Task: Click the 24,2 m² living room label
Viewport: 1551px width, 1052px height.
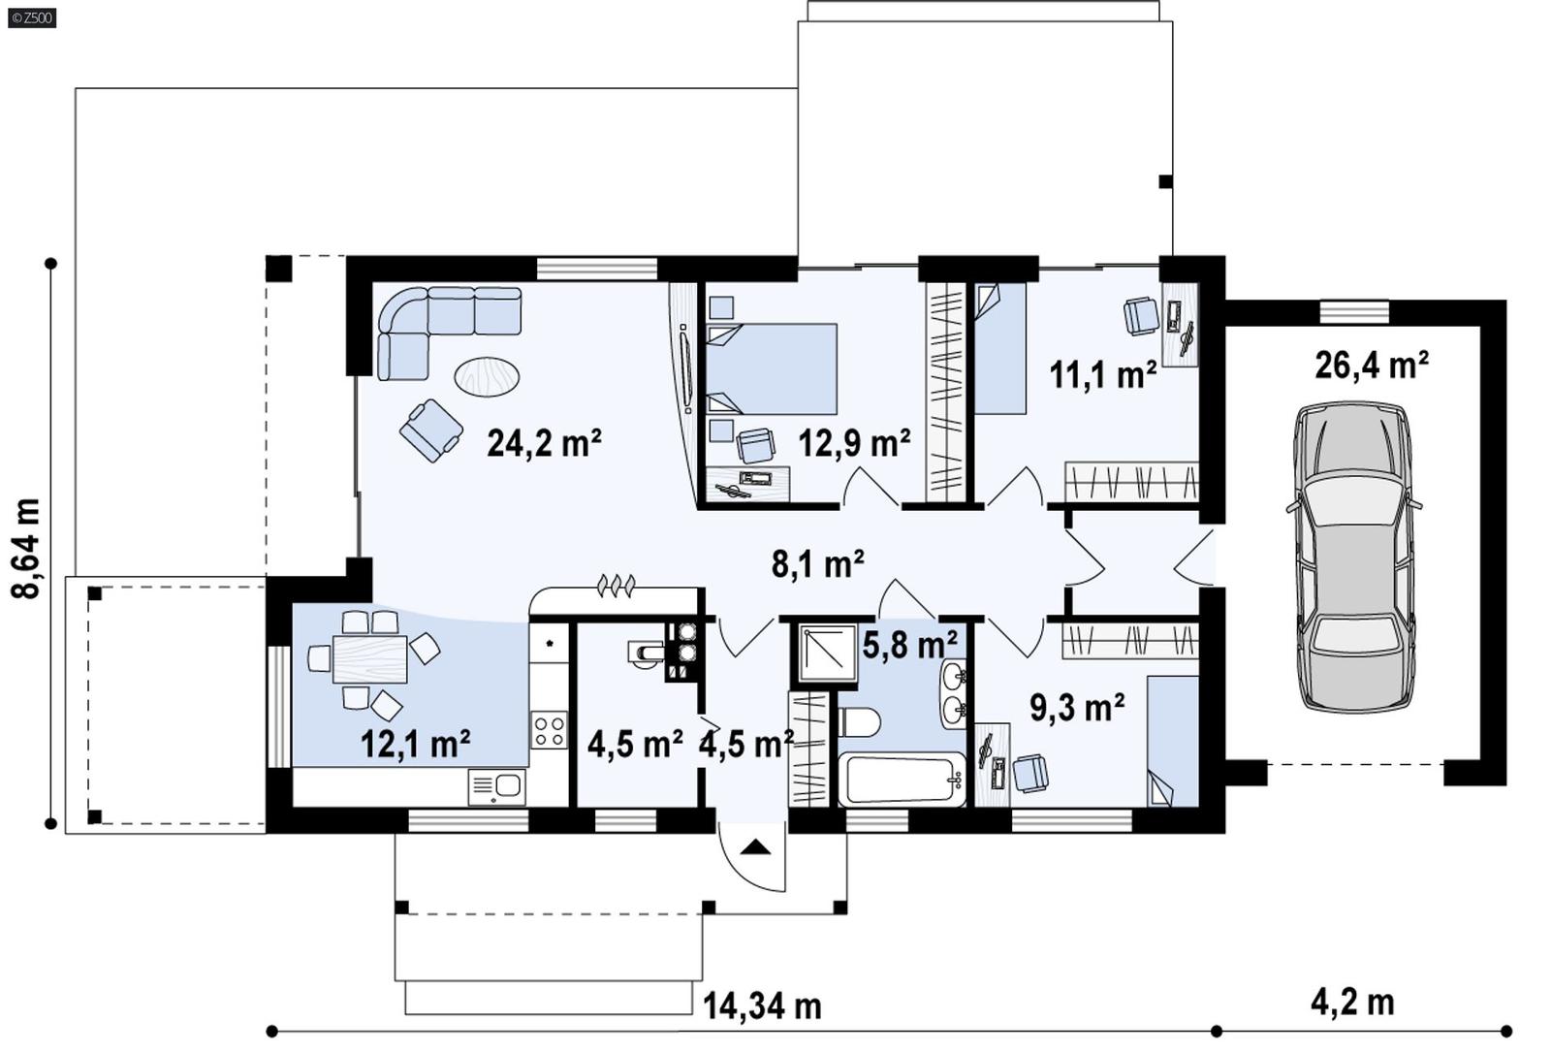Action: tap(544, 443)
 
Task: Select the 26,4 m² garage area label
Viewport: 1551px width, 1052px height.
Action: tap(1371, 366)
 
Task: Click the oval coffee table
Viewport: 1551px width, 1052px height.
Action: tap(487, 375)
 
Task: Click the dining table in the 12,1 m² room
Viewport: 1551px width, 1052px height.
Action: tap(369, 659)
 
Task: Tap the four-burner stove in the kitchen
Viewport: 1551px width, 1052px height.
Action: tap(549, 729)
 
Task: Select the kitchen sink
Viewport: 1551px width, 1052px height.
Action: tap(496, 785)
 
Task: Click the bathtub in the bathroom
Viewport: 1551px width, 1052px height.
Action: tap(901, 780)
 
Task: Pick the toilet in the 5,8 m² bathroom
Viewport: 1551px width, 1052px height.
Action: tap(859, 723)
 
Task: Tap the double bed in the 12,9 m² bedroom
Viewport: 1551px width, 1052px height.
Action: tap(773, 369)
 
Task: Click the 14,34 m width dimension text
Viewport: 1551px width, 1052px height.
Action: tap(762, 1006)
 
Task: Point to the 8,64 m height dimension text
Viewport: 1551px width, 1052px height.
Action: tap(27, 549)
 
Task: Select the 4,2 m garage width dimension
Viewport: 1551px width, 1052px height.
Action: tap(1352, 1003)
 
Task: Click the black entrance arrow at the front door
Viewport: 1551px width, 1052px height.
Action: tap(755, 847)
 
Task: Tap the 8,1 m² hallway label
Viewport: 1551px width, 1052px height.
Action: tap(817, 563)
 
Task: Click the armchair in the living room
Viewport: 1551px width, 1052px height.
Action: tap(429, 430)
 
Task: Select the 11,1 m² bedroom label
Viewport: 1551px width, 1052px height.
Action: tap(1102, 374)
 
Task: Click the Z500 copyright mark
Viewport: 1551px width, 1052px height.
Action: tap(31, 17)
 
